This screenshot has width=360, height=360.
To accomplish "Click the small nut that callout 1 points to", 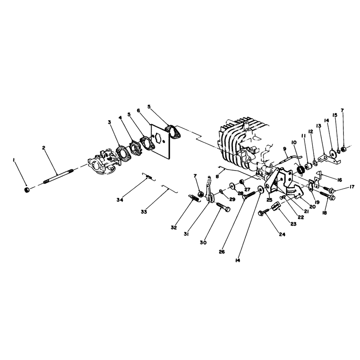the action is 27,190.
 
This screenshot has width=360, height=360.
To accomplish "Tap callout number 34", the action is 120,200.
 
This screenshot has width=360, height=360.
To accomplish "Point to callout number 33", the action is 144,212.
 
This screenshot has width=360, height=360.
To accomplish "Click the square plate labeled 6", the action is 160,142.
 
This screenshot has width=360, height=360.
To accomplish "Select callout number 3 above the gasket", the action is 109,122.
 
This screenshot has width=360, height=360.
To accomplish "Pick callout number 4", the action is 120,118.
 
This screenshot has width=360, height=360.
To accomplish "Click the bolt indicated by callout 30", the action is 223,206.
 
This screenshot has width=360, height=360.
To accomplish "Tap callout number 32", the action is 174,228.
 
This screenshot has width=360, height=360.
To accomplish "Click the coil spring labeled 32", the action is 194,198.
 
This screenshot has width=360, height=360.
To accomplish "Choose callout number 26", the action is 221,252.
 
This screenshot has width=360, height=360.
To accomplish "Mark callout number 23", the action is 293,224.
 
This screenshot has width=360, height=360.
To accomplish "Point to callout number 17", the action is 351,187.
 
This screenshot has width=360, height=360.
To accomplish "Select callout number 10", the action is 294,143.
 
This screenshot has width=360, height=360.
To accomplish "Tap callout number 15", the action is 335,115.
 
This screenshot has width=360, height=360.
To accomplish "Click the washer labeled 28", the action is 231,185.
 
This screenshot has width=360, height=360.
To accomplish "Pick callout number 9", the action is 284,149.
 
